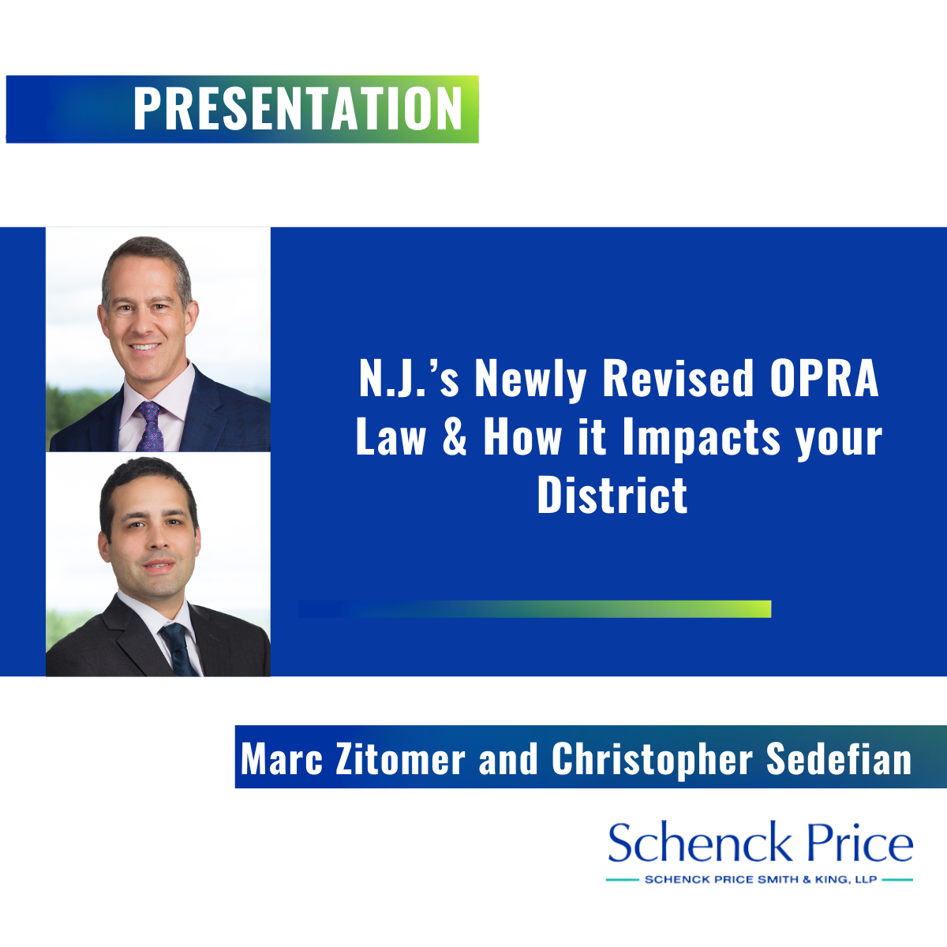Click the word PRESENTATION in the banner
[x=298, y=109]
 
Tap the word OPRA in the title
[x=824, y=379]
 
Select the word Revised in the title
[x=678, y=379]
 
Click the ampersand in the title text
[x=454, y=437]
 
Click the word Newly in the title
[x=530, y=382]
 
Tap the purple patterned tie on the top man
[x=151, y=427]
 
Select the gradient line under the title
[x=535, y=609]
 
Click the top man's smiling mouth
[x=144, y=347]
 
